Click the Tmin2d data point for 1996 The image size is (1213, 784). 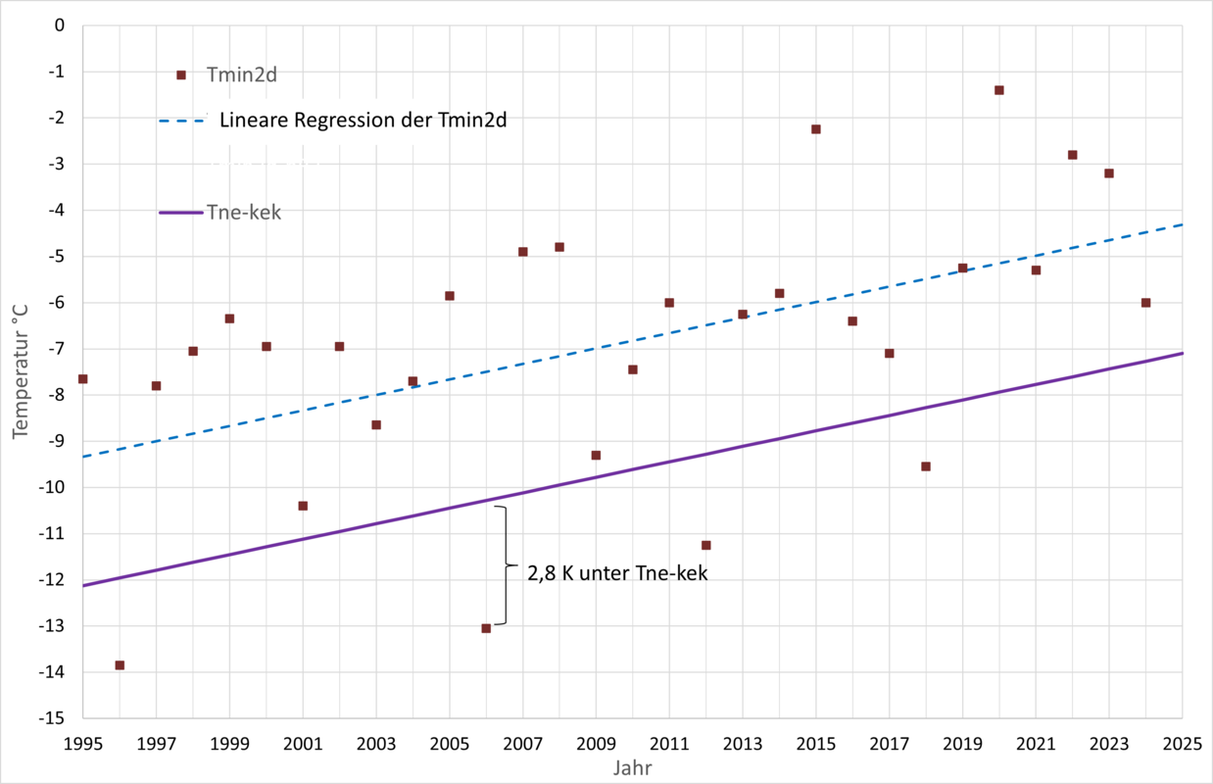click(120, 665)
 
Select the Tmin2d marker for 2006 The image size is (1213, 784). click(486, 628)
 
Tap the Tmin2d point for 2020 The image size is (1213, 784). click(999, 90)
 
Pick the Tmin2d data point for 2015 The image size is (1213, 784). click(816, 129)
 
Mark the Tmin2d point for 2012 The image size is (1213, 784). click(706, 545)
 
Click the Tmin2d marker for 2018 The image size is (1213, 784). click(926, 466)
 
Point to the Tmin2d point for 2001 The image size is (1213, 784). click(303, 506)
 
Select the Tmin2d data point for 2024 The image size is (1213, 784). click(1146, 303)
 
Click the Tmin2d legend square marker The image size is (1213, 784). click(181, 74)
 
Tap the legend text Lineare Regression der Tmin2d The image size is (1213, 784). click(369, 121)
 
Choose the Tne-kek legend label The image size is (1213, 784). click(244, 212)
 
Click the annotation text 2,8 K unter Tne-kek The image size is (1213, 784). click(617, 574)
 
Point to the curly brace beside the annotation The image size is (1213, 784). click(506, 565)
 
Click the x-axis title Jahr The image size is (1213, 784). click(632, 768)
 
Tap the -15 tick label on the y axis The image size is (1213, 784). click(50, 718)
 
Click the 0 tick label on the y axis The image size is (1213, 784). click(59, 25)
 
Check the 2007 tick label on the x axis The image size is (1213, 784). click(522, 743)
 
